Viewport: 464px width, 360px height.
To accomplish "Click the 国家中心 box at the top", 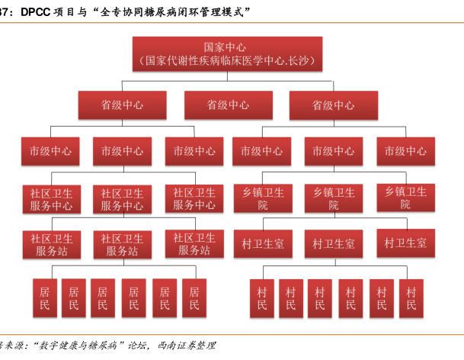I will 231,54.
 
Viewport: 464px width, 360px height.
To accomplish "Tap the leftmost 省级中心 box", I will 122,105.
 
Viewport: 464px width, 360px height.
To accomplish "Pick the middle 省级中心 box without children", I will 228,105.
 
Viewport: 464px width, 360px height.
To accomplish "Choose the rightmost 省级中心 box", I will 333,105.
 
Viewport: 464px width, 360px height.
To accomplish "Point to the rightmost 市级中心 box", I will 405,151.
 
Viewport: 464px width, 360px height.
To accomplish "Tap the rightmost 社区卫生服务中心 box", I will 194,198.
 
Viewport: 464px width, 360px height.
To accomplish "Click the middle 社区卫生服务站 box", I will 122,244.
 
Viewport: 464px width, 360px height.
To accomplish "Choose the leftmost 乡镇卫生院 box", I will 262,198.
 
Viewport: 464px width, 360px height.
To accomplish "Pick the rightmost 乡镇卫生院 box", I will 405,198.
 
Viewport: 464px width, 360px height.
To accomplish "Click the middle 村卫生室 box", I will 333,243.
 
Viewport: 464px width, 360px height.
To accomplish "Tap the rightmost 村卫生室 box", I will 405,243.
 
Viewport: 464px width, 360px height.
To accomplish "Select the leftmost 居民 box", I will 44,298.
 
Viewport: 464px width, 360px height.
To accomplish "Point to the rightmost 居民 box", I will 194,298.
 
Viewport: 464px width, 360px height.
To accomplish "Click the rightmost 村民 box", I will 411,298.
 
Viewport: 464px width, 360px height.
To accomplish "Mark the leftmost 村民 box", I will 262,298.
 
